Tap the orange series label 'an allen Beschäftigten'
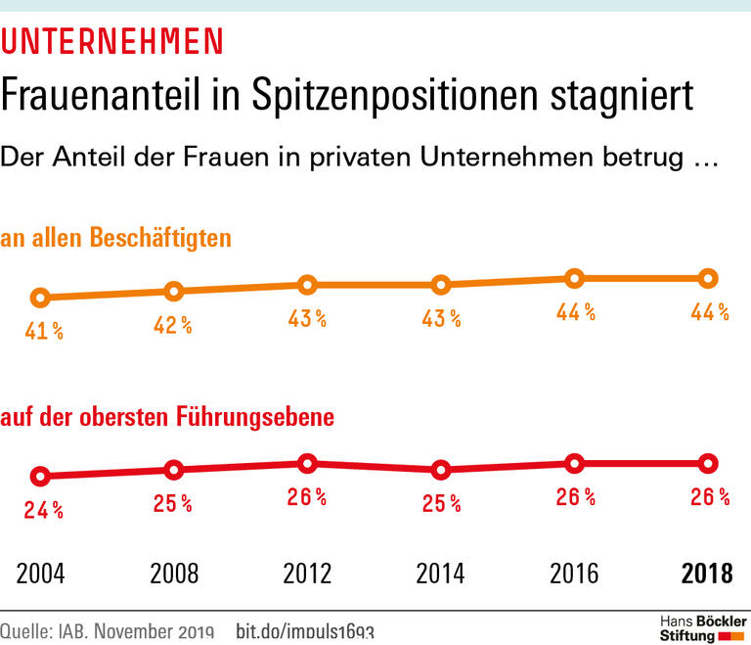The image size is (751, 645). (116, 238)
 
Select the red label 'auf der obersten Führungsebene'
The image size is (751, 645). (167, 417)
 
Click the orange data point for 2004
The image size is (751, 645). (40, 298)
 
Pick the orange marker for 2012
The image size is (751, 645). (307, 285)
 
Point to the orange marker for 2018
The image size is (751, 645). (708, 278)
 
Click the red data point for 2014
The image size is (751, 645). (441, 470)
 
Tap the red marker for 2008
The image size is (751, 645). (174, 470)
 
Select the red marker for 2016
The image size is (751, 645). (575, 463)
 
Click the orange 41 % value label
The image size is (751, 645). (44, 331)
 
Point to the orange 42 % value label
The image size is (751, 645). (172, 325)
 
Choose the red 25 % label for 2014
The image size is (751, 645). (441, 503)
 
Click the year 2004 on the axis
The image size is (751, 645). (40, 574)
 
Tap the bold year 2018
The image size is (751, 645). (705, 574)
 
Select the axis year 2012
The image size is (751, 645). (307, 574)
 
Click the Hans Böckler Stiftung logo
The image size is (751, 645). (701, 627)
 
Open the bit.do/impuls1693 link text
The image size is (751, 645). (305, 631)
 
